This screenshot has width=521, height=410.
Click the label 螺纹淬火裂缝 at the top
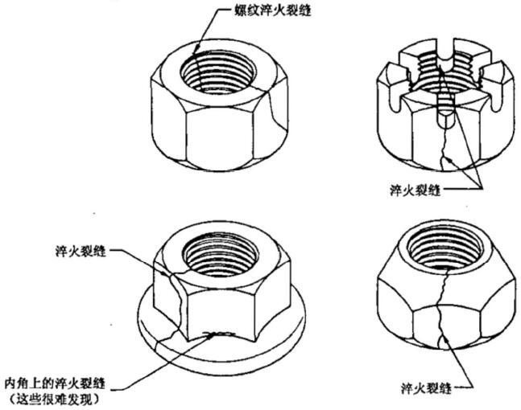(x=272, y=10)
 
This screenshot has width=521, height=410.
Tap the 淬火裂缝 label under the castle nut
(x=416, y=191)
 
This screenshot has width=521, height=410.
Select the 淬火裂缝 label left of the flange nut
(x=81, y=251)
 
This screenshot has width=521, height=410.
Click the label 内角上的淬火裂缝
(x=55, y=383)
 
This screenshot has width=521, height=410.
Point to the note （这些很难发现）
(x=55, y=399)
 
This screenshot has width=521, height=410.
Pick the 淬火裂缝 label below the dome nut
(x=427, y=387)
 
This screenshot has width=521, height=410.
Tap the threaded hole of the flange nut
(x=221, y=256)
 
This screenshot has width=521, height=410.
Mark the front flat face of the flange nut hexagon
(x=221, y=313)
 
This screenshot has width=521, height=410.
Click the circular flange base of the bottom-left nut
(x=221, y=351)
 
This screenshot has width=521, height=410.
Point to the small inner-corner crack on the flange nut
(x=221, y=334)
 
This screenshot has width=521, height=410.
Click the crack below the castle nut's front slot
(x=444, y=150)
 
